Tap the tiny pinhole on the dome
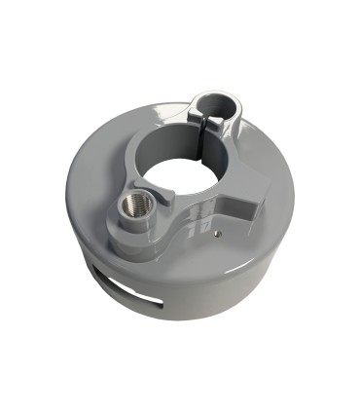click(x=218, y=234)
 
